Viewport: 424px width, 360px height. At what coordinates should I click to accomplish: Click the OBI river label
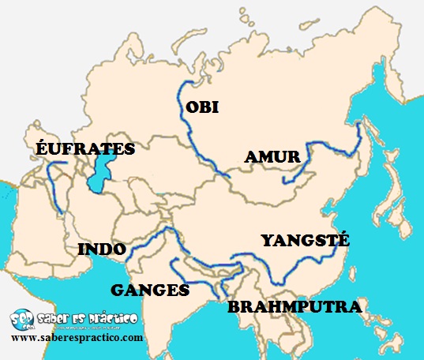click(x=201, y=107)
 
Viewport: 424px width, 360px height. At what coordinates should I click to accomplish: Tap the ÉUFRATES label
click(x=85, y=148)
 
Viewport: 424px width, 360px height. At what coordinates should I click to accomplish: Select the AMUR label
click(x=272, y=157)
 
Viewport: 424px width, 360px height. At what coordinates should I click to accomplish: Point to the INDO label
click(x=102, y=250)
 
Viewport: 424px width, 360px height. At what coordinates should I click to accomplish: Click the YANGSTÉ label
click(x=305, y=241)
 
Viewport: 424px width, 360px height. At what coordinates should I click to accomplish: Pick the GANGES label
click(x=150, y=290)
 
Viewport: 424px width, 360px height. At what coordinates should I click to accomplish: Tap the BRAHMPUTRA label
click(x=294, y=306)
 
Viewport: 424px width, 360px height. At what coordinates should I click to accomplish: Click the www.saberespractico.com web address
click(x=77, y=337)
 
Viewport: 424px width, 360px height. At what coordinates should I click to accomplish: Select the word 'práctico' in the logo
click(x=113, y=318)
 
